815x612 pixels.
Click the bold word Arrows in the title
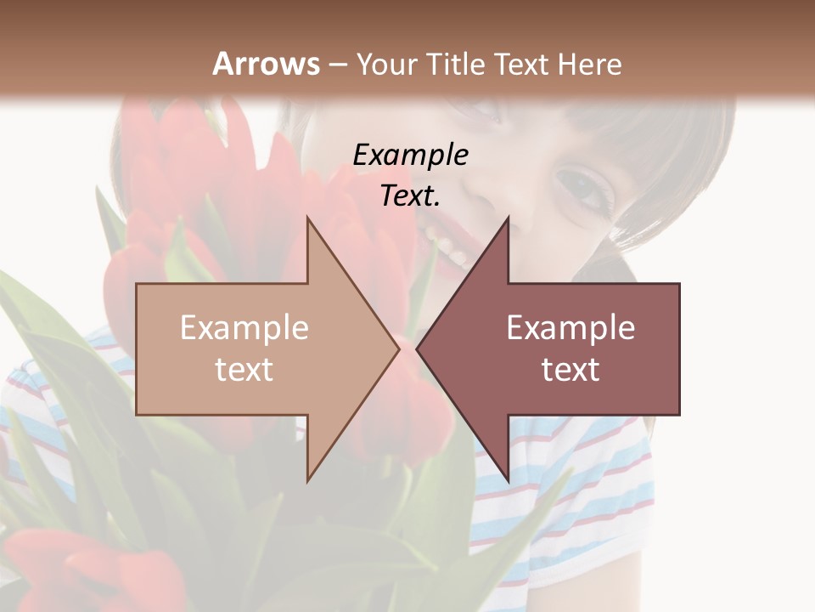(267, 64)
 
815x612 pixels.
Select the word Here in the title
(588, 64)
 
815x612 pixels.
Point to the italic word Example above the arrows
(410, 155)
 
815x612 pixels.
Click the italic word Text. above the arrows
(410, 195)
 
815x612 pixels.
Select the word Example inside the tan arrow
(244, 328)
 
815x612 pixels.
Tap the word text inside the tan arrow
(244, 370)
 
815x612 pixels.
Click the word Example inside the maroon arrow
(570, 328)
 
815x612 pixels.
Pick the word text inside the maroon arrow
(570, 370)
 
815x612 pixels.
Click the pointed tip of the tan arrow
(397, 348)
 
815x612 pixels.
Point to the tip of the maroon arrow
(418, 348)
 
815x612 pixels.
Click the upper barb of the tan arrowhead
(310, 223)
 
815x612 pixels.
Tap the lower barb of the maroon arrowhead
(506, 476)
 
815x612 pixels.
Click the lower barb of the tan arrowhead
(310, 476)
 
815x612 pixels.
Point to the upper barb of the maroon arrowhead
(506, 223)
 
